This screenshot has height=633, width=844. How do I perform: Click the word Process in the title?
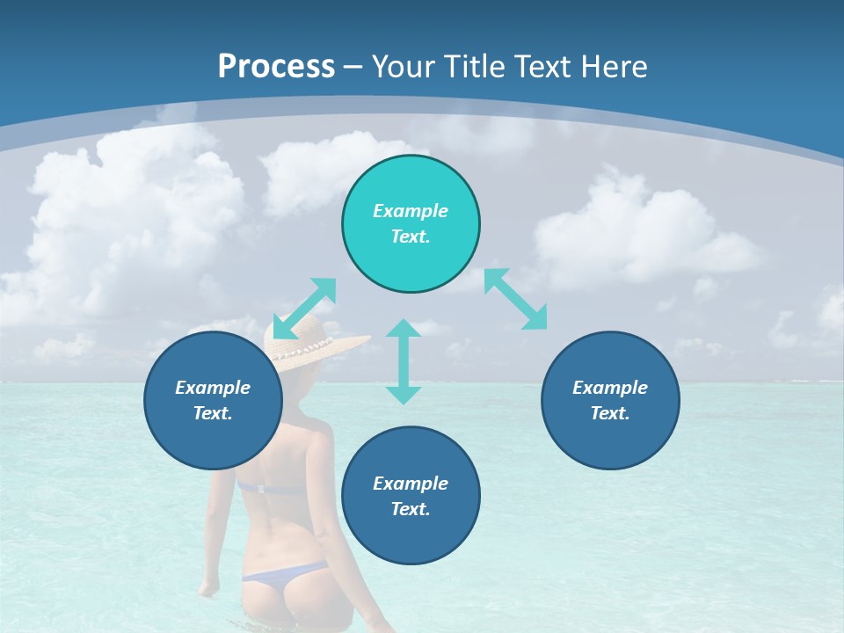point(276,66)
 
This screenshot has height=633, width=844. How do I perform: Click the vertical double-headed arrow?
point(404,361)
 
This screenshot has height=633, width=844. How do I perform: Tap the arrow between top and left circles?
point(305,308)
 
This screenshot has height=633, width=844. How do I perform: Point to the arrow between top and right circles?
point(516,299)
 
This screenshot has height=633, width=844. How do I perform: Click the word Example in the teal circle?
point(411,211)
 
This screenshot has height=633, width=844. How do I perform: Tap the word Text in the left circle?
point(213,413)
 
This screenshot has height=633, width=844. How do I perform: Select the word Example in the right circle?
point(610,388)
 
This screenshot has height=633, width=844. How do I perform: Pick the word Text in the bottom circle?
point(411,509)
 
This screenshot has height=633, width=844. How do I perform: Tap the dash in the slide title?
point(353,66)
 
